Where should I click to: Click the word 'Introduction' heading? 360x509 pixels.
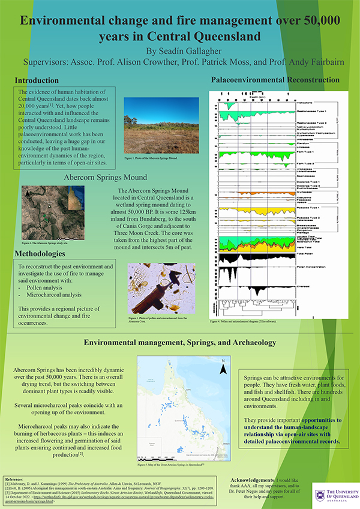37,80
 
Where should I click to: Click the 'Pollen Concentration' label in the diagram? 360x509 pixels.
313,268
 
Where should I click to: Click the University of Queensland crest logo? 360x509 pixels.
321,496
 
